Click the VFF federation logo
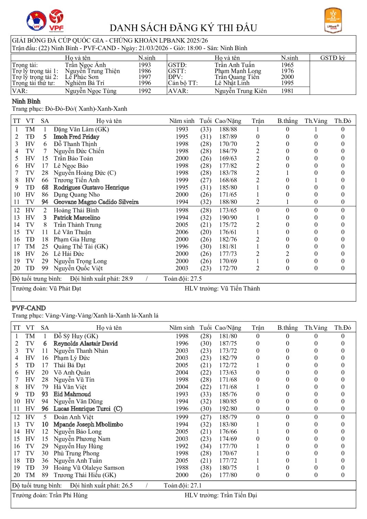(36, 21)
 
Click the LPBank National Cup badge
(333, 21)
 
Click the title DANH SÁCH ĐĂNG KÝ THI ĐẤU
(183, 28)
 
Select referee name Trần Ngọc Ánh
(85, 65)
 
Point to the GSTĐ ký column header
(332, 58)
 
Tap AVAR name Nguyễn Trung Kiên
(241, 91)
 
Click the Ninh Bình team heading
(26, 101)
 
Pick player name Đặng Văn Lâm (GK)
(81, 129)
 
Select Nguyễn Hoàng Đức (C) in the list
(85, 173)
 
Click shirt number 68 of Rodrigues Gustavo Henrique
(45, 188)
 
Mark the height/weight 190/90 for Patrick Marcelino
(228, 218)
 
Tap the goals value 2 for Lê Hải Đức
(287, 254)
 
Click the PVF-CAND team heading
(29, 308)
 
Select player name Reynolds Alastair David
(86, 343)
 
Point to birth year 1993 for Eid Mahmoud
(182, 394)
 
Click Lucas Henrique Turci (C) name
(88, 409)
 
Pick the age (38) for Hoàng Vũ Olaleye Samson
(205, 468)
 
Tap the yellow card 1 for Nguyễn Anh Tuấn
(316, 461)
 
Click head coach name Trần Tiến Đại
(238, 495)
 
